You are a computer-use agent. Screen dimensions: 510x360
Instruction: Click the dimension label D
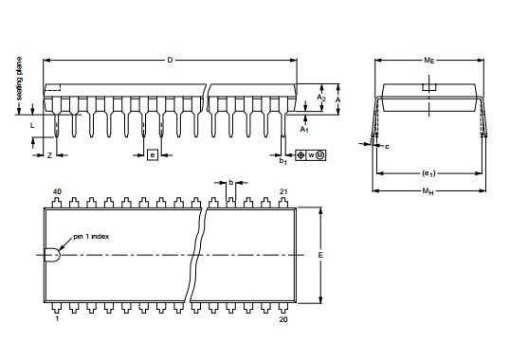pos(170,60)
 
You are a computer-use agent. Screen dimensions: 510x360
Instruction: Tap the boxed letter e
pos(153,155)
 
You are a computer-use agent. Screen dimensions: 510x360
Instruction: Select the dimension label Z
pos(49,155)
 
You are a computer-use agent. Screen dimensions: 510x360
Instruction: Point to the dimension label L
pos(32,125)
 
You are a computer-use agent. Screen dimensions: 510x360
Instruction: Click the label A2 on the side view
pos(321,98)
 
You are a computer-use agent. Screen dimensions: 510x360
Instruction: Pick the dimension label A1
pos(304,130)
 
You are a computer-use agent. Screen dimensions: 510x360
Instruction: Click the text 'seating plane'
pos(19,79)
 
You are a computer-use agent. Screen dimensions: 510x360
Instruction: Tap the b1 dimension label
pos(283,161)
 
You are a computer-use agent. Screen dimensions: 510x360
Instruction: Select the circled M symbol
pos(320,155)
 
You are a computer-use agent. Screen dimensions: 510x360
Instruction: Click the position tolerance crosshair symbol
pos(301,155)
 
